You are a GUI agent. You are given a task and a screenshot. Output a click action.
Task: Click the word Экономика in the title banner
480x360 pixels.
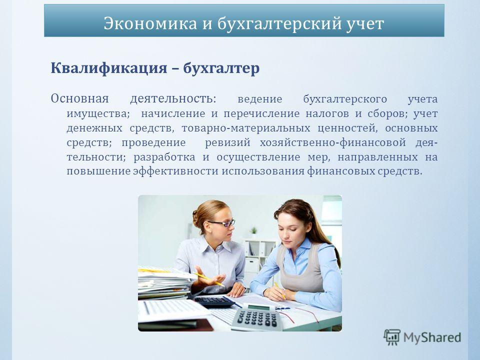(x=150, y=23)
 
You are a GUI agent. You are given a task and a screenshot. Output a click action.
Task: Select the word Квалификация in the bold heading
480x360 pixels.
(x=109, y=68)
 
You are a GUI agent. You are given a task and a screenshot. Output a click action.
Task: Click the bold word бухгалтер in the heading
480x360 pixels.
(x=221, y=68)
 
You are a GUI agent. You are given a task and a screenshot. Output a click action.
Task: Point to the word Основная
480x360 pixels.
(x=80, y=98)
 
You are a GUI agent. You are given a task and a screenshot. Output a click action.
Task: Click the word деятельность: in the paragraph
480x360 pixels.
(x=173, y=99)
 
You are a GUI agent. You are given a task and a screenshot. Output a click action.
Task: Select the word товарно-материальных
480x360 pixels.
(x=246, y=128)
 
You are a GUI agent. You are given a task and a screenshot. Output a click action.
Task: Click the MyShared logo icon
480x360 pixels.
(x=392, y=337)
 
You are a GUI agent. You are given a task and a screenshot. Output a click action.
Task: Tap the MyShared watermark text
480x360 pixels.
(x=432, y=337)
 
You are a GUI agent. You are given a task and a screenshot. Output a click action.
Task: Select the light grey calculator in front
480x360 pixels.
(x=256, y=316)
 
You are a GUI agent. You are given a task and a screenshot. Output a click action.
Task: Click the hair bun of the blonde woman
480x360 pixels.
(x=195, y=218)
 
